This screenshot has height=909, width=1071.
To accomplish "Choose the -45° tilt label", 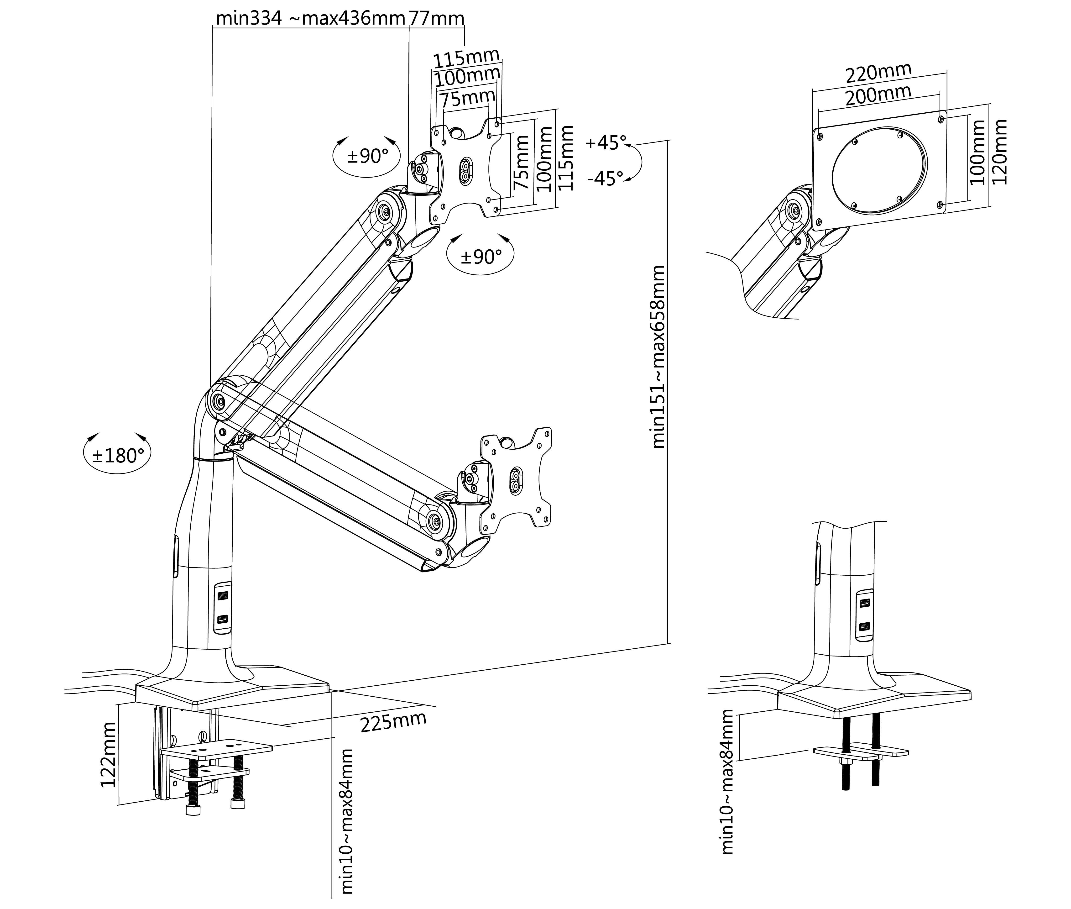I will (x=605, y=179).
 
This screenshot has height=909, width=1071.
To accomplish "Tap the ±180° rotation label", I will (x=117, y=455).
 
